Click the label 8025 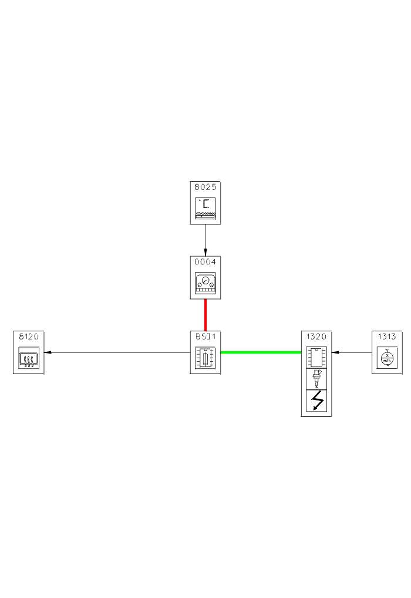206,188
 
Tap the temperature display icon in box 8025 206,208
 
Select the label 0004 206,262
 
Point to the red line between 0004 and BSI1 206,315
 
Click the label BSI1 206,337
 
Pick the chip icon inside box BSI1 206,358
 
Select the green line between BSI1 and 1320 261,352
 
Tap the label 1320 316,337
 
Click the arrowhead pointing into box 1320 335,352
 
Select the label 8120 29,337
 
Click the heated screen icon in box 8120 29,358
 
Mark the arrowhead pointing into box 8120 48,352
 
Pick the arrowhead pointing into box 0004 206,252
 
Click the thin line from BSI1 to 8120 117,352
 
